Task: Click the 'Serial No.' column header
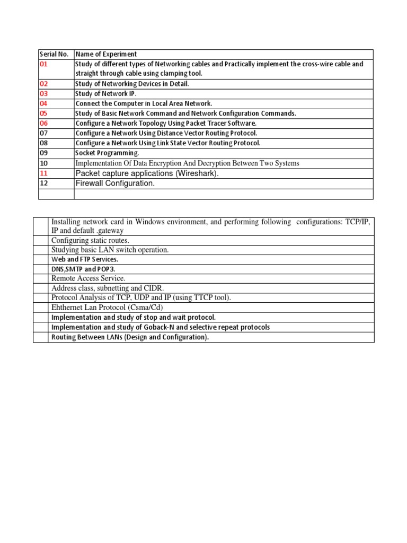[x=54, y=54]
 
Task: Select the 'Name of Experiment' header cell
[x=106, y=54]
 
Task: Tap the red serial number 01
[x=43, y=64]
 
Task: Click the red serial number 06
[x=43, y=123]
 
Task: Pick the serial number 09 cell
[x=43, y=153]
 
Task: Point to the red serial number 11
[x=43, y=173]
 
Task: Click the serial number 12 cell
[x=43, y=183]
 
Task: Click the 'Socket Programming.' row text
[x=107, y=153]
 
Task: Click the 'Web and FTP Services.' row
[x=85, y=259]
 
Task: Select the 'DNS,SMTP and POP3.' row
[x=83, y=269]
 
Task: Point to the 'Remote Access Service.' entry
[x=89, y=278]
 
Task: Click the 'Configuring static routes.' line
[x=90, y=240]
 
